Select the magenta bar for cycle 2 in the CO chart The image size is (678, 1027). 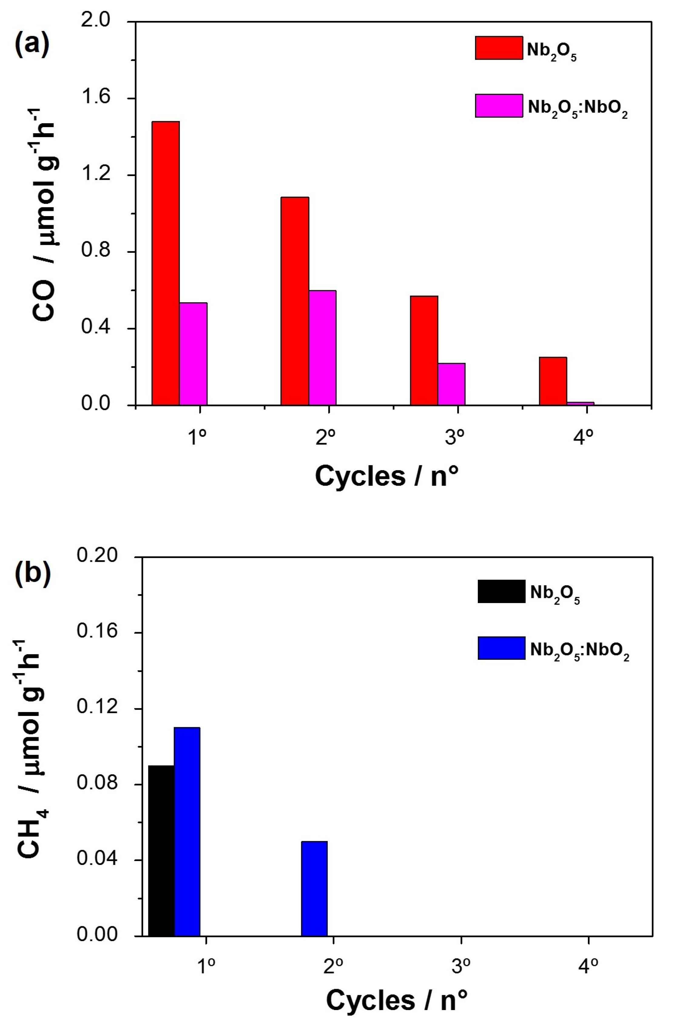(x=322, y=348)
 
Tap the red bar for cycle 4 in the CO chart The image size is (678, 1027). (x=553, y=381)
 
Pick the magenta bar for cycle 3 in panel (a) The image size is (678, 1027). (x=451, y=384)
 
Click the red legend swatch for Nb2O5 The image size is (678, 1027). (x=498, y=48)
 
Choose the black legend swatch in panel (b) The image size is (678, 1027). (x=501, y=591)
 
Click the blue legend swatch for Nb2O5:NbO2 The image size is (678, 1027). (x=501, y=648)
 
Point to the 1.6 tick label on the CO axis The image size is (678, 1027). (x=96, y=97)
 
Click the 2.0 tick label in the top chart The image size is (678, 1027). (x=96, y=20)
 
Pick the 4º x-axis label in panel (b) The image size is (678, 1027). (x=589, y=967)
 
